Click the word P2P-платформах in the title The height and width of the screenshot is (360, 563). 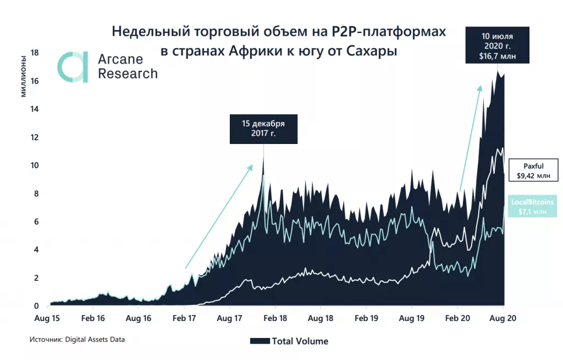pyautogui.click(x=388, y=31)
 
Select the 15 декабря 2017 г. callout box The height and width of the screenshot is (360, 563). pyautogui.click(x=263, y=129)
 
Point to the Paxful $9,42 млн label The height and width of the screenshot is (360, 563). pyautogui.click(x=533, y=170)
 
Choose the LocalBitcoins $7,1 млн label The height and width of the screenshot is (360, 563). pyautogui.click(x=532, y=207)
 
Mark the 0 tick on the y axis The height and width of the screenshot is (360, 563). pyautogui.click(x=36, y=306)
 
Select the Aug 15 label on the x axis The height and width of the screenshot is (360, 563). pyautogui.click(x=48, y=318)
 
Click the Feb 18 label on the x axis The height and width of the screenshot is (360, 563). pyautogui.click(x=275, y=318)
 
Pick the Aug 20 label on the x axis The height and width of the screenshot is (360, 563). pyautogui.click(x=503, y=318)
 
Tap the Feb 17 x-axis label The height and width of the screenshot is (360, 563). pyautogui.click(x=184, y=318)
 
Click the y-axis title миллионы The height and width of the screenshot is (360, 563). pyautogui.click(x=23, y=75)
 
